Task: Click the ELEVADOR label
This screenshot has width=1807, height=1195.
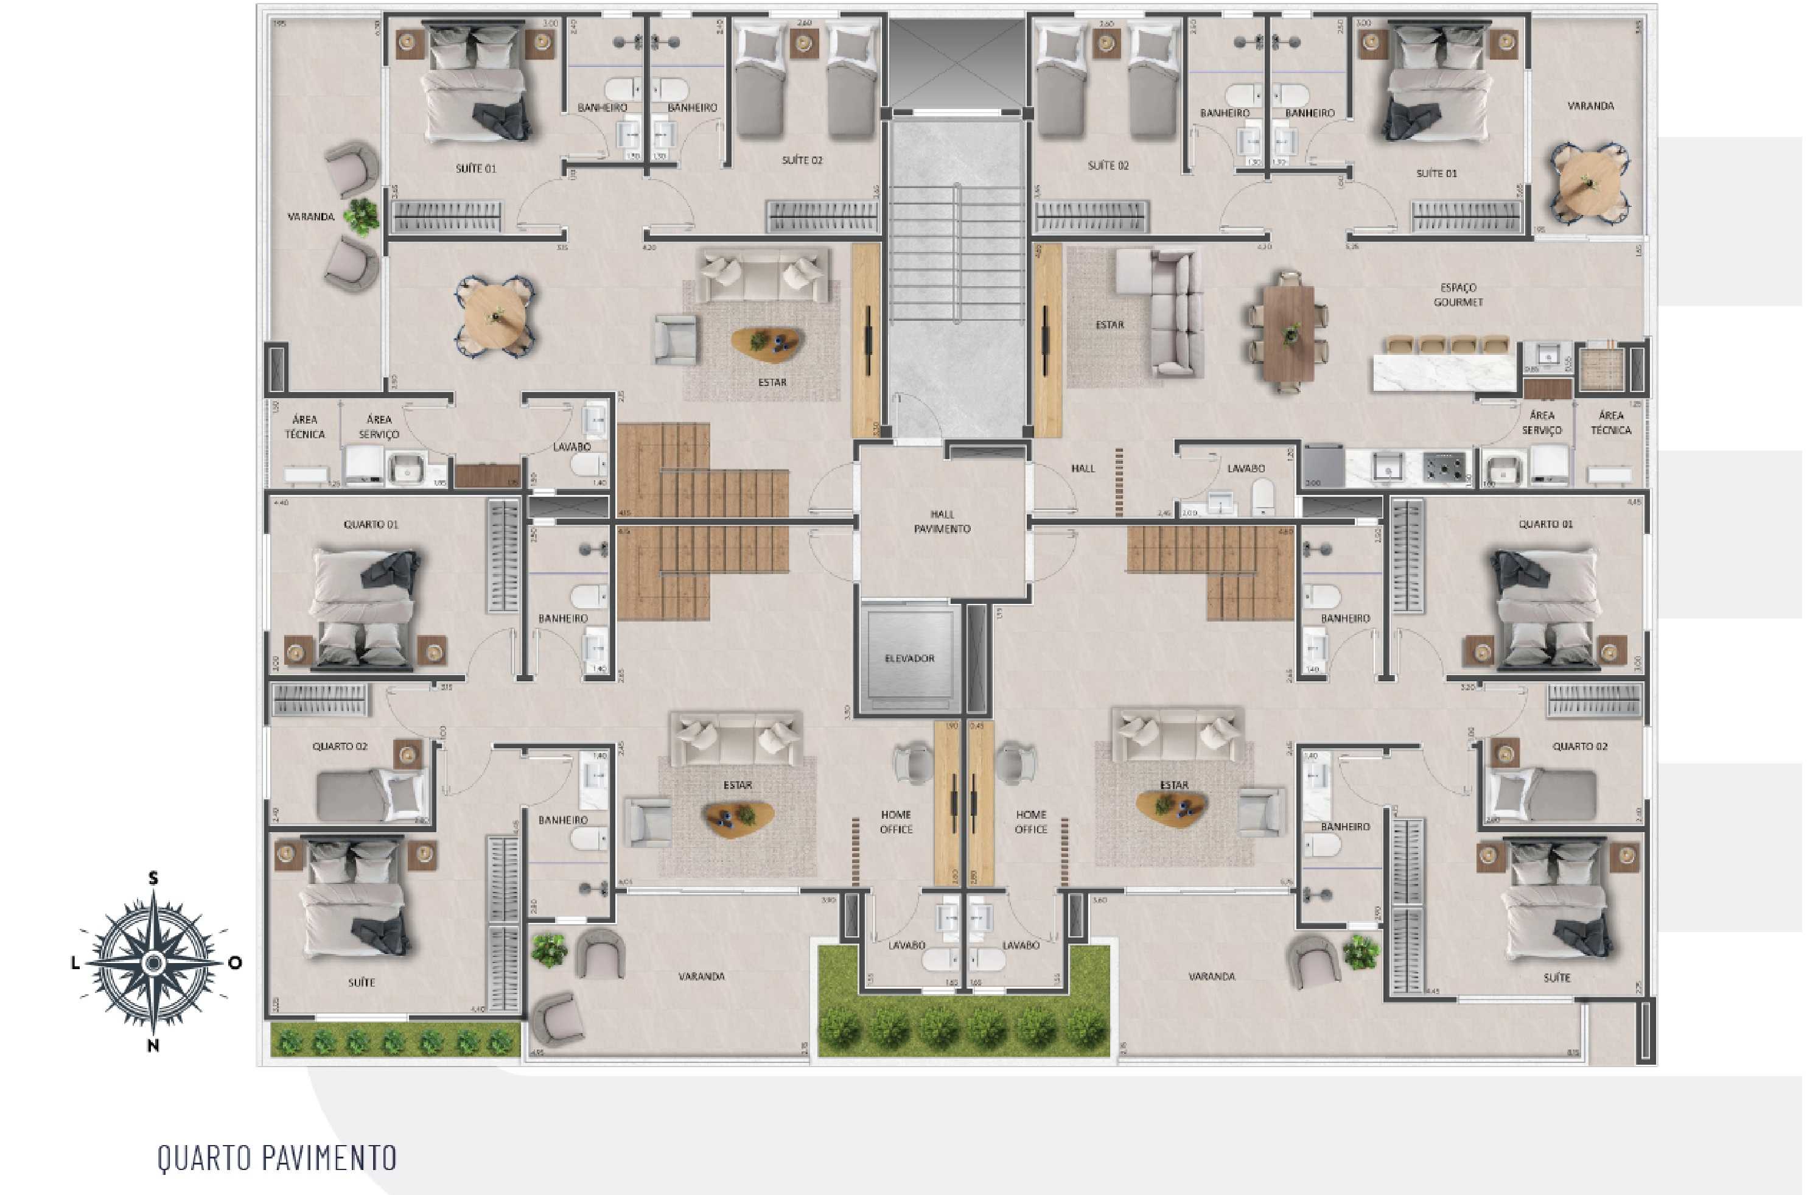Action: [x=909, y=659]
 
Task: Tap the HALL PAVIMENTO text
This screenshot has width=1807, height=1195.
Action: [x=942, y=521]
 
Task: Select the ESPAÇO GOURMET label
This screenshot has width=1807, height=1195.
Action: [x=1457, y=295]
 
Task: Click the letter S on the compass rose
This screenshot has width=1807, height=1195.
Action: [x=153, y=878]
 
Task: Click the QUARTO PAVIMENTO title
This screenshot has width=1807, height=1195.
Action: [x=276, y=1158]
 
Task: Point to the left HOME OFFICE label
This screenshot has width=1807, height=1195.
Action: [x=895, y=822]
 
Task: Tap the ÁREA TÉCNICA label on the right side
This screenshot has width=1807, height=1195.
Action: [x=1610, y=423]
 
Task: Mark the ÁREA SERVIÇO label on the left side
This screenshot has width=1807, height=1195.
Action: [x=379, y=427]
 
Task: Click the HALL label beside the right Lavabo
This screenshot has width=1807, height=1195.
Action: [x=1083, y=469]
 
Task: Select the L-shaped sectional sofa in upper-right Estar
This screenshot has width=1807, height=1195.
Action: [x=1162, y=312]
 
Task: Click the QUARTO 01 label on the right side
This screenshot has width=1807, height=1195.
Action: [x=1545, y=524]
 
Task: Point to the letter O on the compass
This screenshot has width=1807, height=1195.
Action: [x=236, y=962]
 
